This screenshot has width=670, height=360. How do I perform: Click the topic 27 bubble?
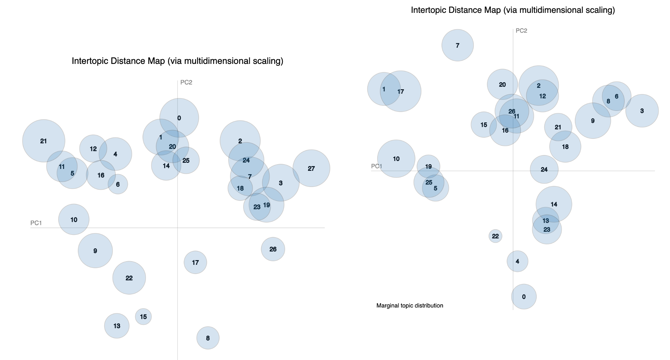click(x=311, y=169)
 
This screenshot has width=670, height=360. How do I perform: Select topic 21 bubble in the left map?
click(x=44, y=141)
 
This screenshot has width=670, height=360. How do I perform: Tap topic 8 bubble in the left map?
click(x=208, y=338)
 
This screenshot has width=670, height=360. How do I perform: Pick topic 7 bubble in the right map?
click(x=457, y=46)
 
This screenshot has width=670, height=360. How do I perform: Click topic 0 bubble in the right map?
click(x=524, y=297)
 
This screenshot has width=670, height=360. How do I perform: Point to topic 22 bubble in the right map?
click(x=495, y=236)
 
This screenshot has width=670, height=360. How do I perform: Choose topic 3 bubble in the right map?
click(x=642, y=111)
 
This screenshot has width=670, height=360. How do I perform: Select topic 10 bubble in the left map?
click(x=74, y=220)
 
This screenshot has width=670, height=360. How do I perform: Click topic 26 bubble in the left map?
click(x=273, y=249)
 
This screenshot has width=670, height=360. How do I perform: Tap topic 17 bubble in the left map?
click(x=195, y=262)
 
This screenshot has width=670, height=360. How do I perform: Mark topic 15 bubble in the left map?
click(x=143, y=317)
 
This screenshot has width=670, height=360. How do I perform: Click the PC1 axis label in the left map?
click(x=36, y=223)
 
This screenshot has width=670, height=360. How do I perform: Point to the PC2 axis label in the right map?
click(x=521, y=30)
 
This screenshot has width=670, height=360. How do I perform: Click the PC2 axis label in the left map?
click(x=186, y=82)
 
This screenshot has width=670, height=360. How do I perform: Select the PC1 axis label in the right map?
click(x=377, y=166)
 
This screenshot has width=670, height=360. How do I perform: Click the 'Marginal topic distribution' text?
click(x=410, y=306)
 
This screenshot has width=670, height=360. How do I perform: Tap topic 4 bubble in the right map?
click(x=518, y=262)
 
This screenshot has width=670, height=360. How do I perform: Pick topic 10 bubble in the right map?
click(x=396, y=159)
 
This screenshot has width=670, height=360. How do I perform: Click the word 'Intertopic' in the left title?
click(x=89, y=61)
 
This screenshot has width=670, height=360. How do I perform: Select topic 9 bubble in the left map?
click(x=95, y=251)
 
